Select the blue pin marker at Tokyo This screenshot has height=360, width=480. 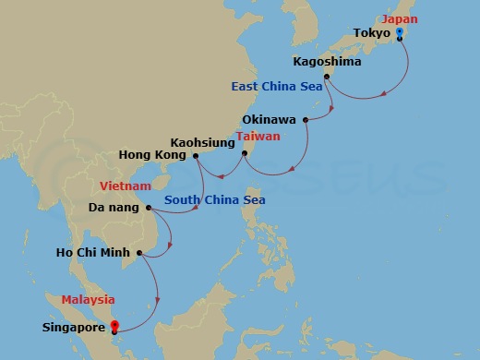point(399,33)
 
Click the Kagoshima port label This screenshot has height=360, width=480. point(321,62)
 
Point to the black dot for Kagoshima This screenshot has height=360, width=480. point(327,77)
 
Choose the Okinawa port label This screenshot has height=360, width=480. point(270,119)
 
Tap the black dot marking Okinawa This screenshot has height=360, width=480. point(305,119)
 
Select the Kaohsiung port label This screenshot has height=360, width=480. point(202,142)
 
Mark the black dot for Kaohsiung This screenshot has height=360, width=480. point(244,153)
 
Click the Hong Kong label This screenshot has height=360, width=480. point(155,154)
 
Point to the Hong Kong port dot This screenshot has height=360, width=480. point(196,155)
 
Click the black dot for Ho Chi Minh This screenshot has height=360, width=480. point(138,253)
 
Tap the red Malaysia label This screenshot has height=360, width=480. point(88,299)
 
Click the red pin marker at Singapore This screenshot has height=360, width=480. point(114,324)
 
